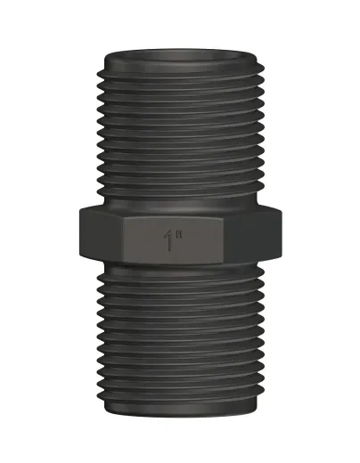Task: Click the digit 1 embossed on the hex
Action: click(x=169, y=240)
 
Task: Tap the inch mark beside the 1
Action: click(x=178, y=234)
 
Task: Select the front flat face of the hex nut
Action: click(x=172, y=240)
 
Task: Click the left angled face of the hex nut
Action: click(x=101, y=234)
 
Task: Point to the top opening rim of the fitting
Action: click(x=180, y=56)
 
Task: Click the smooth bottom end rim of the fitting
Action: click(x=180, y=409)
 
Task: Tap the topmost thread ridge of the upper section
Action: click(x=180, y=70)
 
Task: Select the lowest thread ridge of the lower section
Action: click(x=180, y=394)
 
